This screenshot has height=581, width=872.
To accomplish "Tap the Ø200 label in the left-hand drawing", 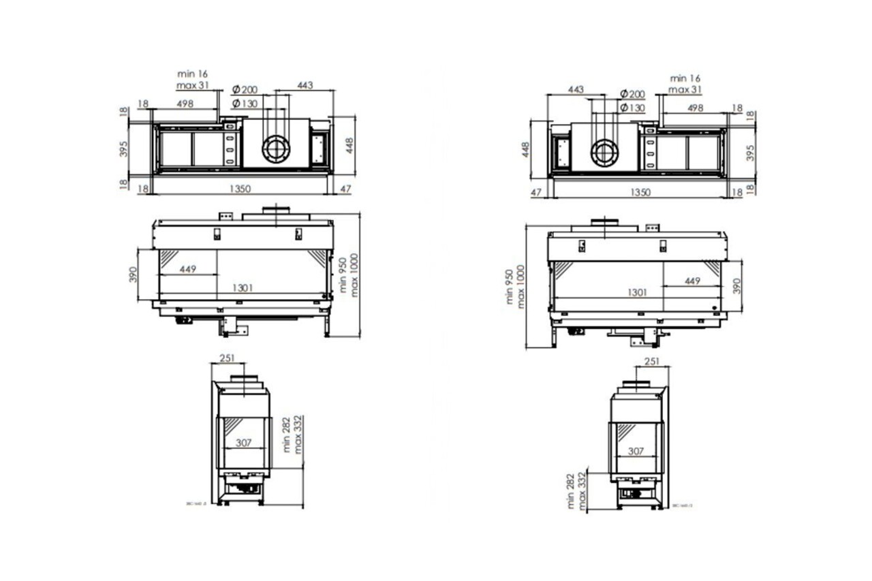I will click(245, 90).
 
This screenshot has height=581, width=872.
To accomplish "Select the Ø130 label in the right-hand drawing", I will click(632, 108).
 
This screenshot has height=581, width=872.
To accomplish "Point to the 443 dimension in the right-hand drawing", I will click(576, 90).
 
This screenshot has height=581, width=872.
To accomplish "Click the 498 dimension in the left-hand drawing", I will click(185, 104).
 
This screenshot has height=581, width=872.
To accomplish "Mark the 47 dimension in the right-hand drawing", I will click(536, 193).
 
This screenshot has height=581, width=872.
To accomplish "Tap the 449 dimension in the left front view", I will click(189, 269).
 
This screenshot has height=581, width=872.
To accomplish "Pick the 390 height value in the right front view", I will click(736, 286).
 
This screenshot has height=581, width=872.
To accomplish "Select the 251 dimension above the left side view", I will click(228, 358).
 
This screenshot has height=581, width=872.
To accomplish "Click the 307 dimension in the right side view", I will click(635, 451).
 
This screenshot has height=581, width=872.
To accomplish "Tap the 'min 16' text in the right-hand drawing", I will click(685, 79).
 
